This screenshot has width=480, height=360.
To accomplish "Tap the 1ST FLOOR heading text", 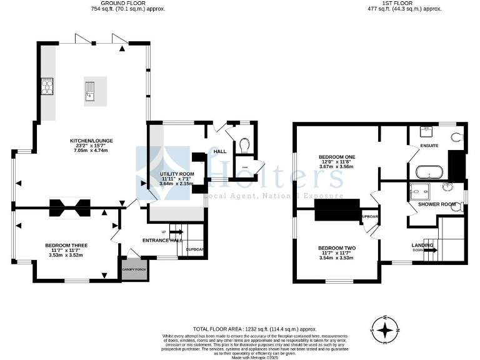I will point(404,3).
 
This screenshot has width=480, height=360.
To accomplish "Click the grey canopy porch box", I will point(132,267).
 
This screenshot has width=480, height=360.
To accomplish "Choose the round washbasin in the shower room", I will point(449,187).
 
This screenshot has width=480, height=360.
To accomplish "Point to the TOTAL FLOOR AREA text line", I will point(254,329).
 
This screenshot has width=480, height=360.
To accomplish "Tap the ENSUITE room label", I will point(429,146).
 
